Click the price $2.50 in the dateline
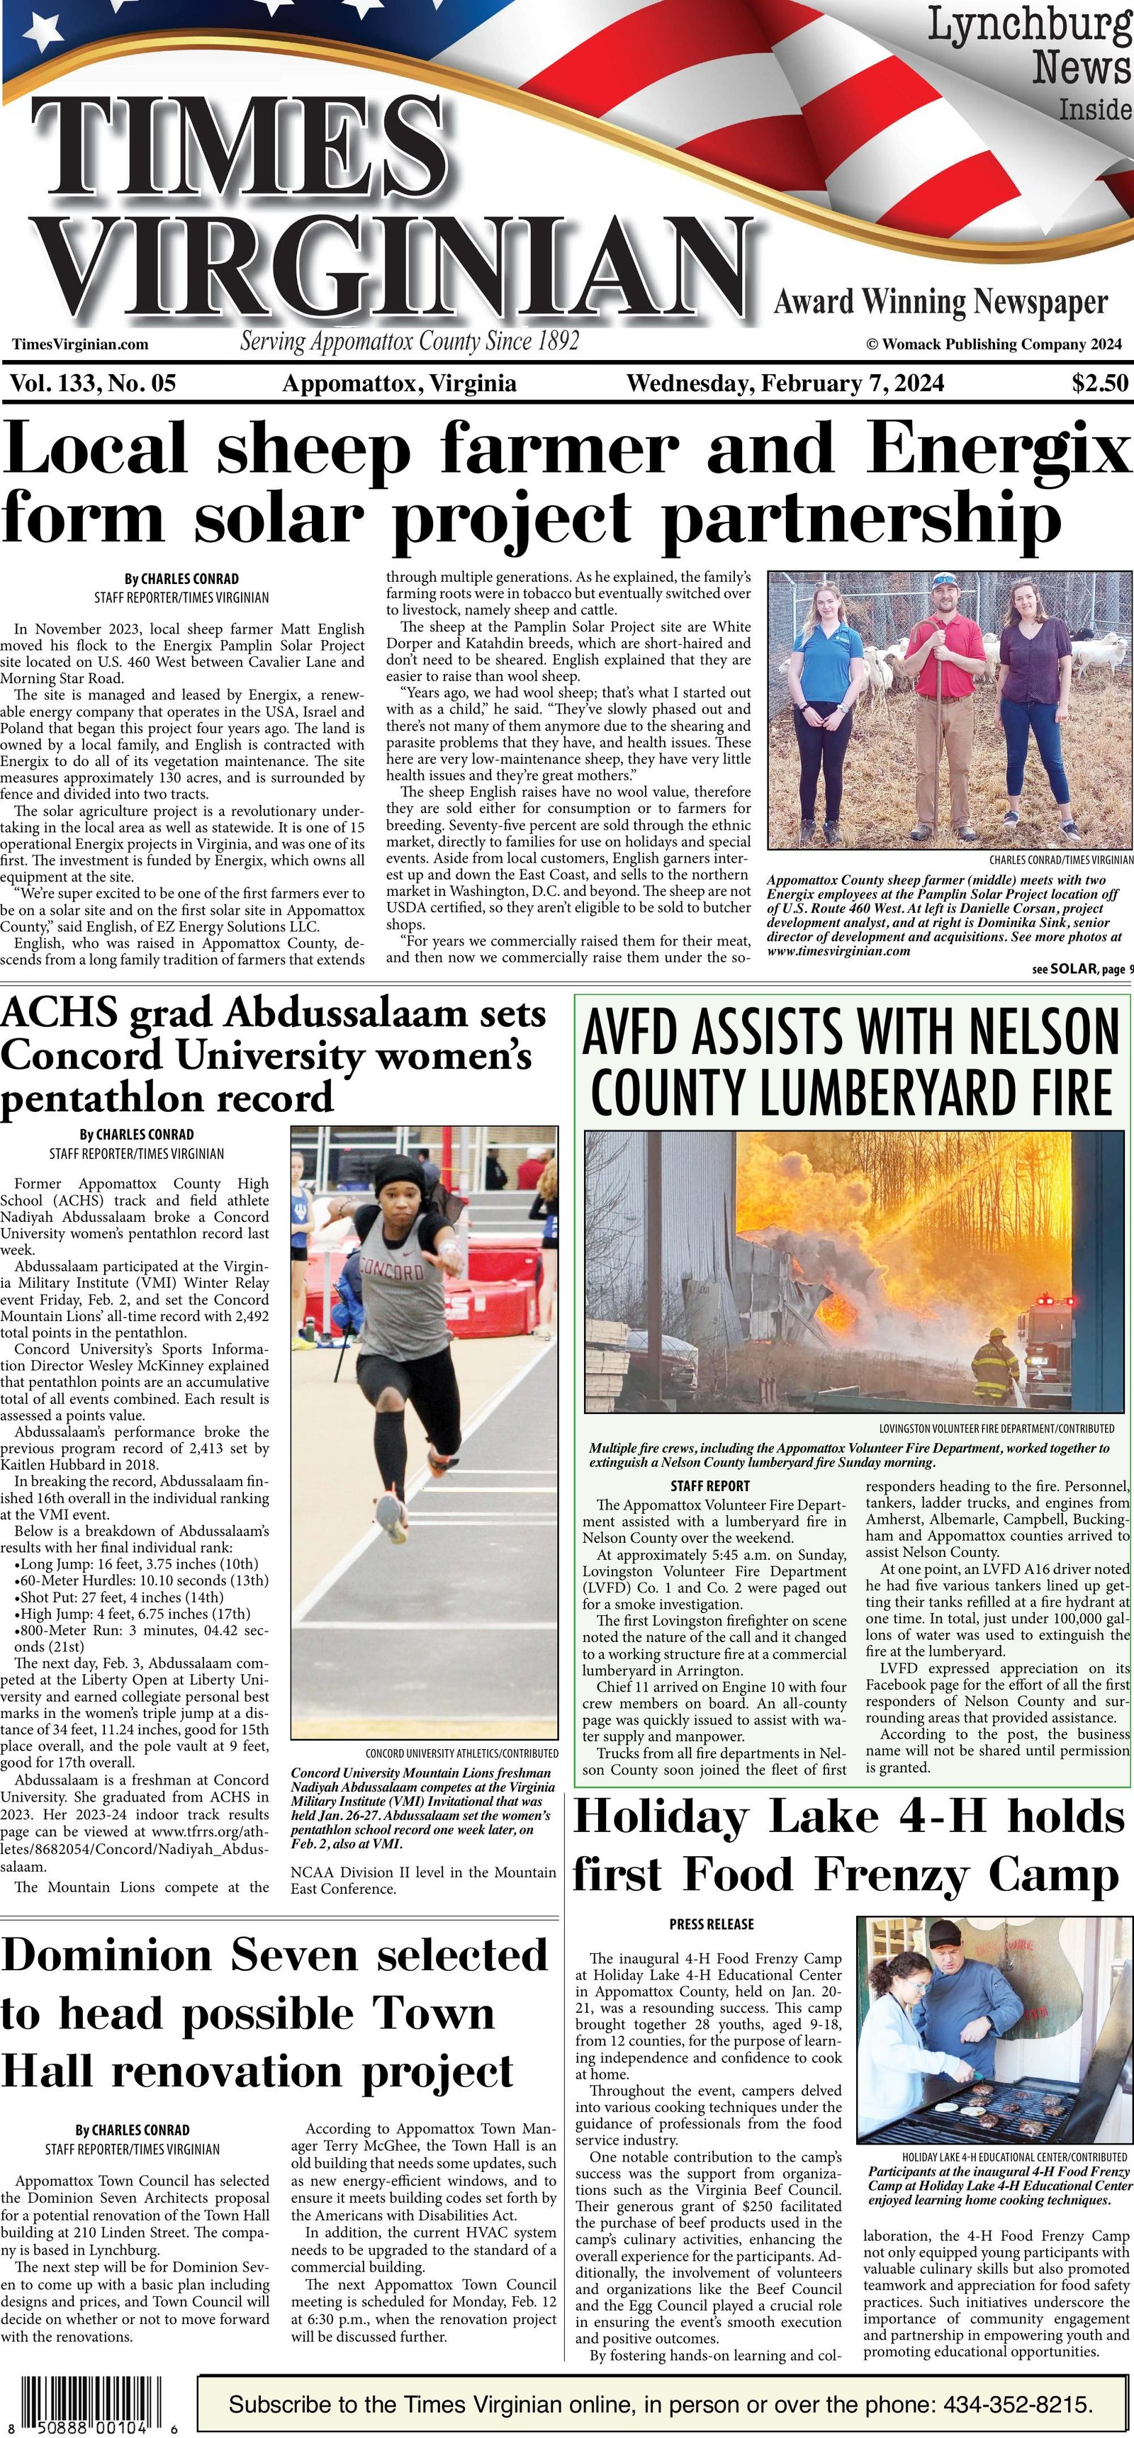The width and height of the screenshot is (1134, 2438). click(x=1100, y=383)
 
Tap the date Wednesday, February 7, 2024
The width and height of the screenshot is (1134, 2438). click(x=785, y=383)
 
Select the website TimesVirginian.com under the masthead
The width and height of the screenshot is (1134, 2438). click(x=81, y=344)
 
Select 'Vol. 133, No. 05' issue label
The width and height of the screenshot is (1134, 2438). click(x=93, y=383)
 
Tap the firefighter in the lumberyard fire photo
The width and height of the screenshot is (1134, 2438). click(x=994, y=1362)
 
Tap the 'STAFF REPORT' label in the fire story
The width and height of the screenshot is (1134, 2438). click(x=710, y=1486)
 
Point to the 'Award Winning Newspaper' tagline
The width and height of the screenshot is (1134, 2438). click(x=941, y=303)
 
